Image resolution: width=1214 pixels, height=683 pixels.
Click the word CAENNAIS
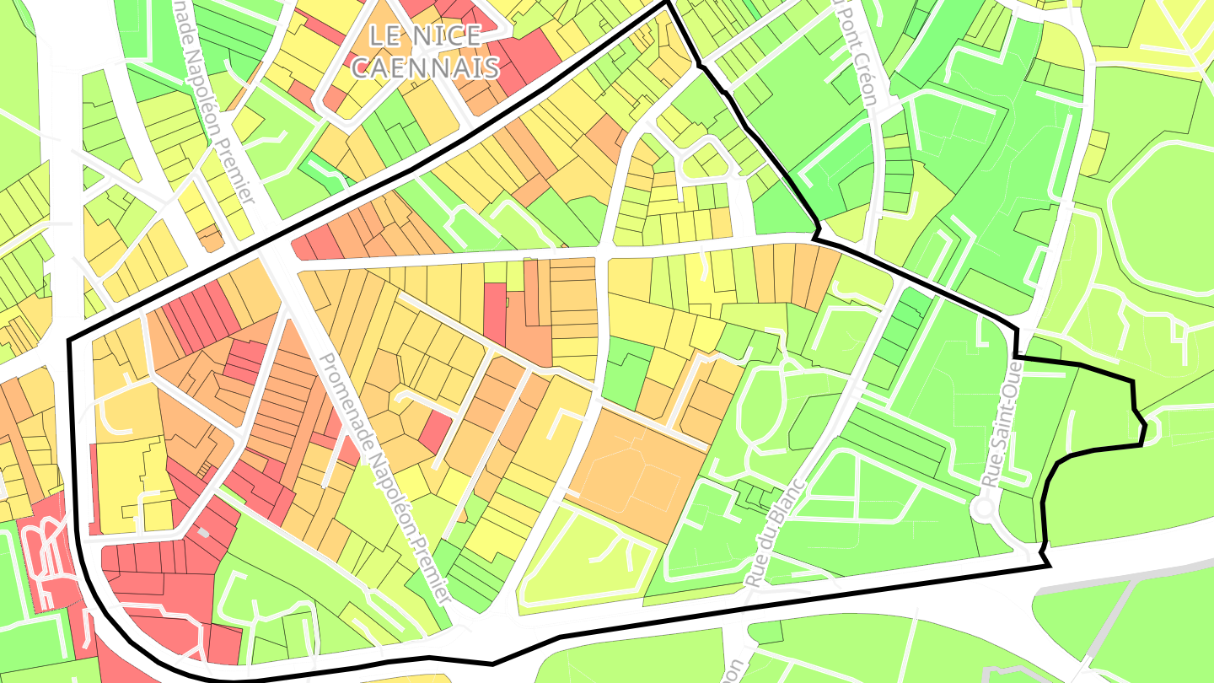coord(425,67)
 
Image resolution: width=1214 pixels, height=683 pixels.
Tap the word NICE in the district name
coord(452,36)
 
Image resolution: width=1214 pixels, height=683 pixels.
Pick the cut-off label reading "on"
coord(731,670)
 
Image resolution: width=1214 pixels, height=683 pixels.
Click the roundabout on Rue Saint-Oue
coord(983,508)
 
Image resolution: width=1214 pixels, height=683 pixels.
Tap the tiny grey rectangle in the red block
coord(203,532)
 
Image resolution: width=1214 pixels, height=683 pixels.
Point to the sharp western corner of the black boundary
coord(68,340)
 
